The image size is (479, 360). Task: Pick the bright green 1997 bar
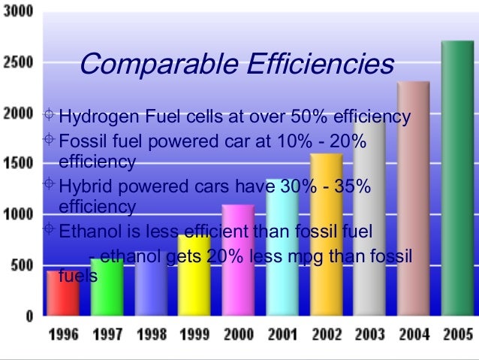107,289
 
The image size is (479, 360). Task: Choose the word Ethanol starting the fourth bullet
86,231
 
